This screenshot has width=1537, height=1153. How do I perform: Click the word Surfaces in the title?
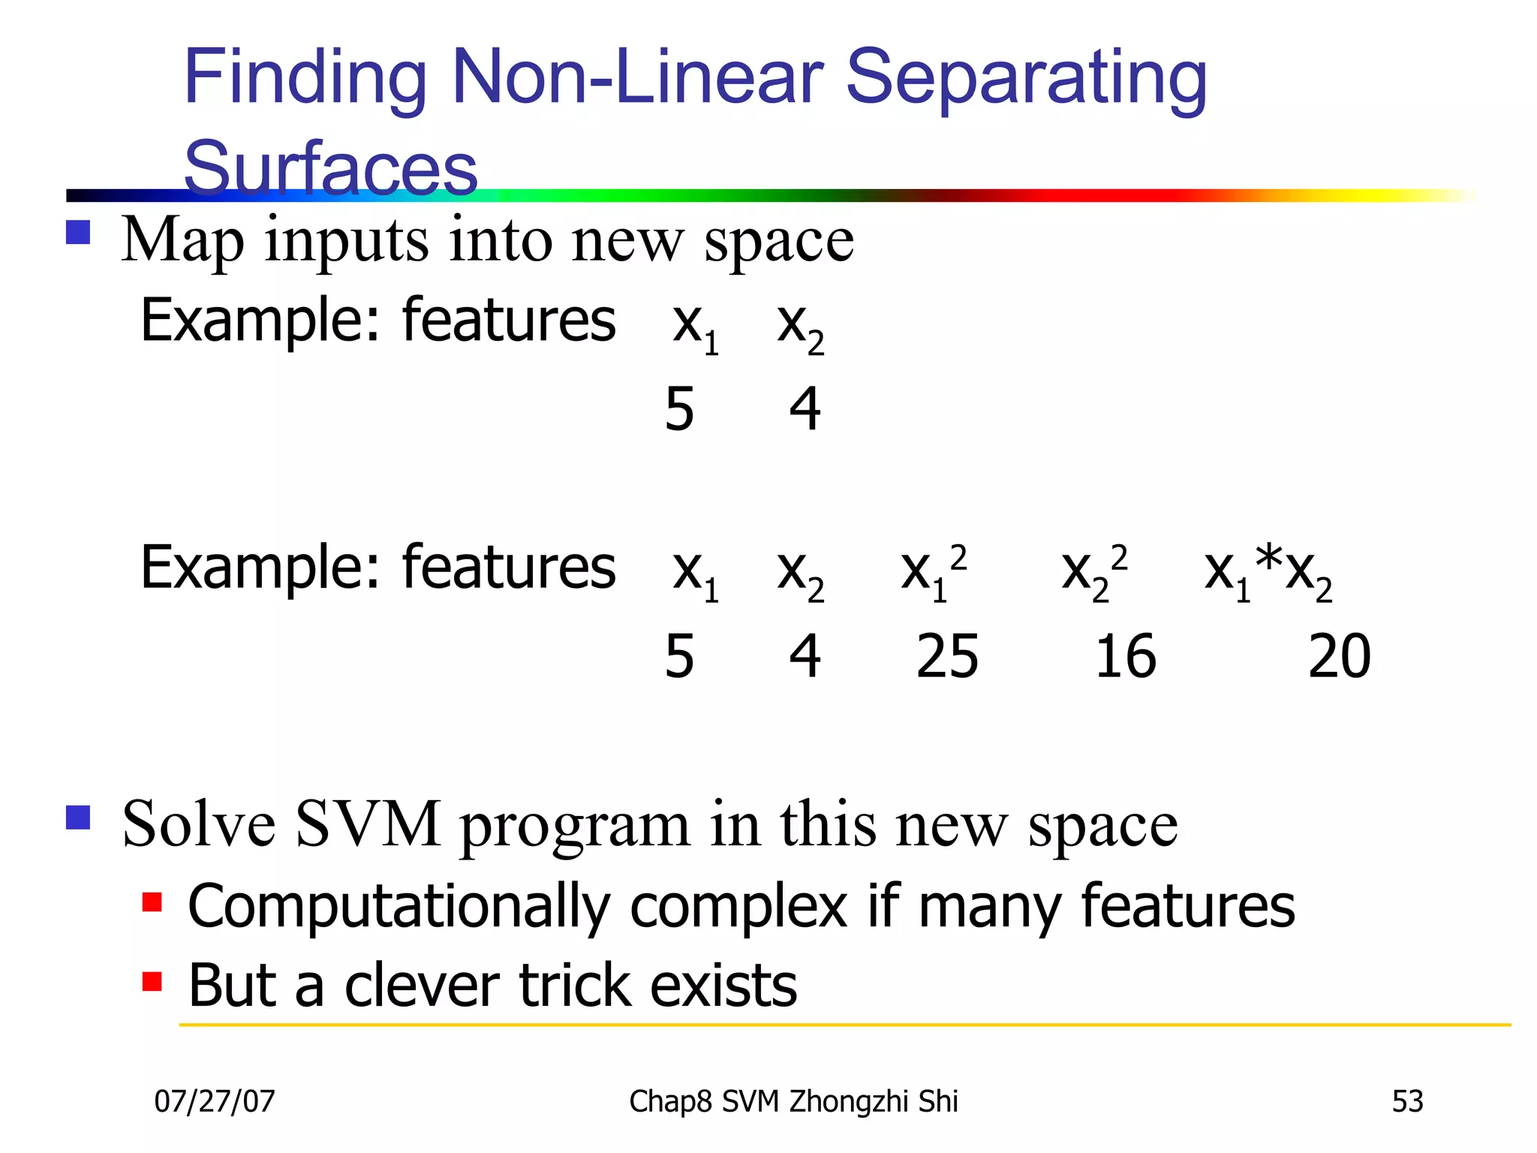tap(330, 167)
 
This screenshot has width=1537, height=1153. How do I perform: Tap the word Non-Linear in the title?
tap(638, 77)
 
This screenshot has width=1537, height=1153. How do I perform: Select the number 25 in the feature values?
tap(947, 657)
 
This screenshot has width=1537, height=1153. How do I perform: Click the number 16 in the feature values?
tap(1125, 657)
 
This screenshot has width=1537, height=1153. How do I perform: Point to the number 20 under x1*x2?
tap(1339, 657)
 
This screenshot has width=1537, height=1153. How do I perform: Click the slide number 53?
tap(1407, 1102)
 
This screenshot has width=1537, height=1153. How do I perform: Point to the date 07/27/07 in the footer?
tap(215, 1102)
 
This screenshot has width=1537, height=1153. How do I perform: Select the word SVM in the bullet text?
tap(368, 824)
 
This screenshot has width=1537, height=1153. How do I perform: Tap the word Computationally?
tap(399, 907)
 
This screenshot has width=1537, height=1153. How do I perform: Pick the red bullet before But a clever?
tap(152, 981)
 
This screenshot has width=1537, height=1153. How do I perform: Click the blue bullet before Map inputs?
tap(78, 232)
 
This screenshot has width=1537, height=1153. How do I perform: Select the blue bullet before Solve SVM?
tap(78, 817)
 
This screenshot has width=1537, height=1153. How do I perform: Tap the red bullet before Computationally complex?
tap(152, 901)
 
